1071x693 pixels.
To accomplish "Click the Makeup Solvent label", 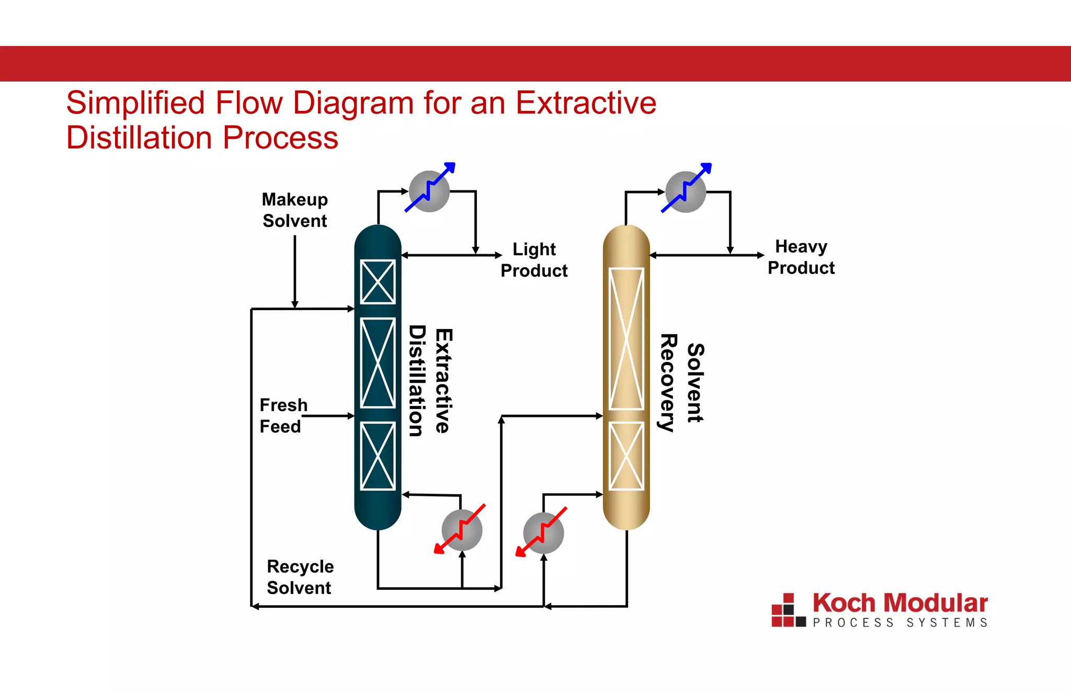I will pos(295,210).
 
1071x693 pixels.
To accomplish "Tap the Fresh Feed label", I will pos(283,416).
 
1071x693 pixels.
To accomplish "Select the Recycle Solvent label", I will pos(300,577).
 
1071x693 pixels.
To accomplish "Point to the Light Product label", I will pos(534,260).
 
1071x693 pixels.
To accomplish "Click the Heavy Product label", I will pos(801,257).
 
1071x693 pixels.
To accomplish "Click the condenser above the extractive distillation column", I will pos(429,191).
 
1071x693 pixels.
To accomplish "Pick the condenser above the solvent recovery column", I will pos(686,192).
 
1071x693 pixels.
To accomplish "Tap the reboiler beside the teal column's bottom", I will pos(462,530).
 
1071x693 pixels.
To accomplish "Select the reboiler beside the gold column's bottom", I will pos(543,533).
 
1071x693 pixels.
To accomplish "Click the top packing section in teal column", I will pos(378,282).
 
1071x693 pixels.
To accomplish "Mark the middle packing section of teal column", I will pos(378,362).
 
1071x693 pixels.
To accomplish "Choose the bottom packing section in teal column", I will pos(378,456).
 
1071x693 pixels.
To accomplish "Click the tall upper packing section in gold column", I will pos(626,339).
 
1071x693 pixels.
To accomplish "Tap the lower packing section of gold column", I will pos(626,456).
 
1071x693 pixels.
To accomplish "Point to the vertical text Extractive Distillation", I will pos(430,381).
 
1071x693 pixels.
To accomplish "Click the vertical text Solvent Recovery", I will pos(682,383).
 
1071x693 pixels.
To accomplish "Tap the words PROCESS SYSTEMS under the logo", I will pos(899,622).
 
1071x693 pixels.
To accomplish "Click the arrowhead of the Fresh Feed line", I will pos(351,416).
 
